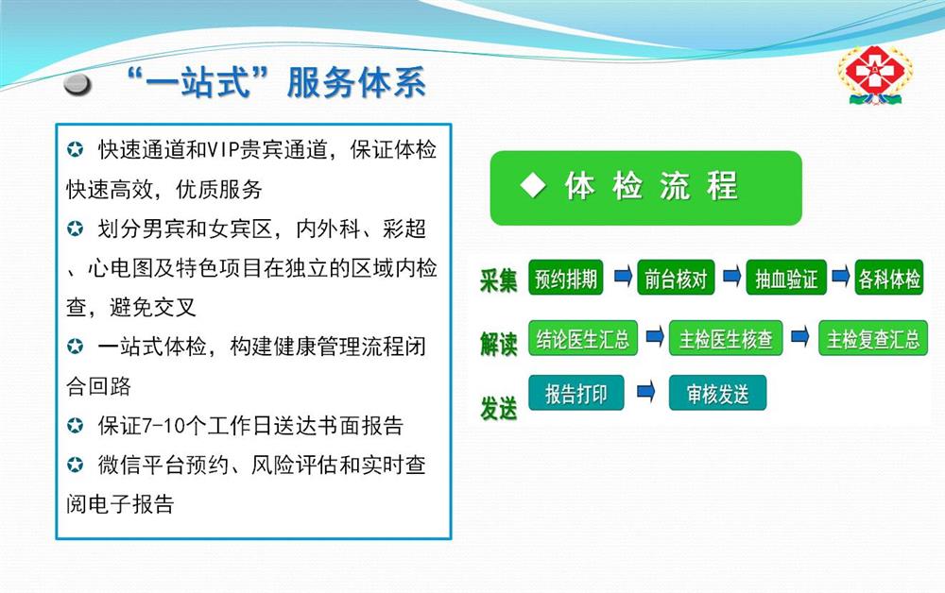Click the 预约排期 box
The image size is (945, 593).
click(x=565, y=278)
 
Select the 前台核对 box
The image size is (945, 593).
click(x=676, y=278)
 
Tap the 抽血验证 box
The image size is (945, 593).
click(x=786, y=278)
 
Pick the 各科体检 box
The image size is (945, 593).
click(x=889, y=278)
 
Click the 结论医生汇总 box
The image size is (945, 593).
click(x=583, y=338)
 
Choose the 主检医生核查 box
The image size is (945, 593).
click(x=726, y=338)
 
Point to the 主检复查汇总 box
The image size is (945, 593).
click(x=872, y=338)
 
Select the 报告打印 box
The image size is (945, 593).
click(x=576, y=393)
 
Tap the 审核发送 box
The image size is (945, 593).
click(x=717, y=393)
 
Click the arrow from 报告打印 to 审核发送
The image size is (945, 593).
click(x=646, y=392)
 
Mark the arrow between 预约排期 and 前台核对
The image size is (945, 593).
click(x=623, y=277)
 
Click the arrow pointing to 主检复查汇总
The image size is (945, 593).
click(x=799, y=336)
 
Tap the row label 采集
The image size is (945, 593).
click(x=498, y=280)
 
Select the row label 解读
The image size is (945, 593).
click(x=498, y=344)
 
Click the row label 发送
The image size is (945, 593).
click(x=498, y=408)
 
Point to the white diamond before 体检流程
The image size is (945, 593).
click(x=533, y=185)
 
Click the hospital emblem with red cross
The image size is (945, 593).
click(x=875, y=76)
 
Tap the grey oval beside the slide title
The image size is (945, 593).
click(x=77, y=85)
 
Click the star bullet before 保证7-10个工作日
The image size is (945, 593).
click(x=76, y=426)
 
